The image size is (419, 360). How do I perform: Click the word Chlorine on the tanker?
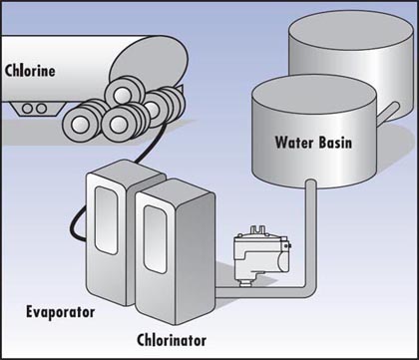[30, 71]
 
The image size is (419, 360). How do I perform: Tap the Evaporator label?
[61, 313]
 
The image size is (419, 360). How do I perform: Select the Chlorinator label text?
[172, 340]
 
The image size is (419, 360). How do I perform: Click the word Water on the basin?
[294, 143]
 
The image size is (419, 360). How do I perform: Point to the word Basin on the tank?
[335, 143]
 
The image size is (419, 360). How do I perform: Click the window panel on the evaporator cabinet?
[106, 220]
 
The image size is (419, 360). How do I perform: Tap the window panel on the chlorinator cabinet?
[156, 239]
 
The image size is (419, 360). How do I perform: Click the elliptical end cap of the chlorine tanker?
[149, 64]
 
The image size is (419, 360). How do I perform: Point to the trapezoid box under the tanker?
[37, 109]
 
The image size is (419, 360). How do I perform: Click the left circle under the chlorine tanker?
[27, 109]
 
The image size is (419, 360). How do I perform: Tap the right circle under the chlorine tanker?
[41, 109]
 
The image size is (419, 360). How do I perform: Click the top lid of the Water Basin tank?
[313, 94]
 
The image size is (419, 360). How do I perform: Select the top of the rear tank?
[351, 30]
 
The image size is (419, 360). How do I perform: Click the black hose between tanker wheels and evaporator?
[152, 142]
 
